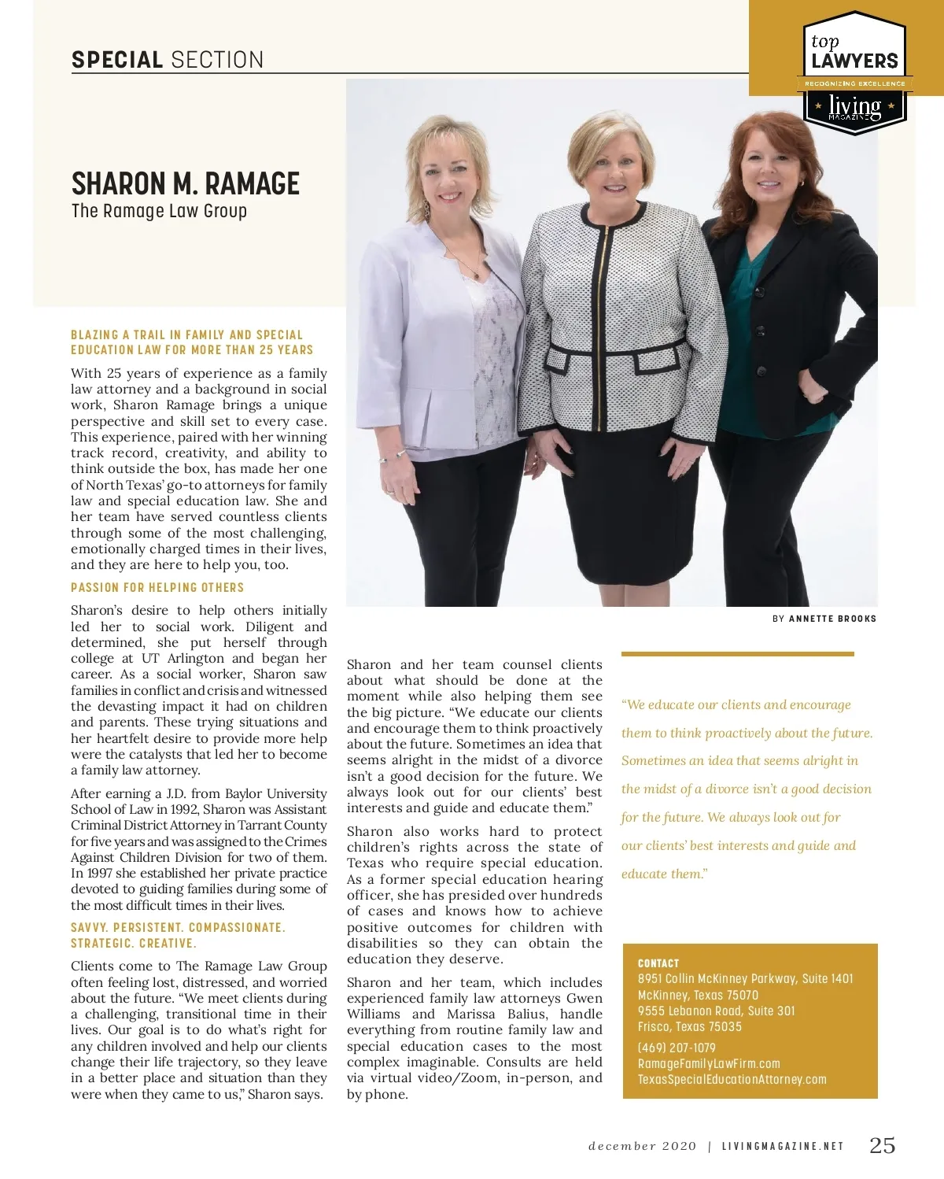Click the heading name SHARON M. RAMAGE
click(x=186, y=184)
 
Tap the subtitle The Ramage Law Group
click(x=159, y=211)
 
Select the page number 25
click(x=882, y=1145)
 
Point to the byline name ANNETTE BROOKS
click(x=832, y=619)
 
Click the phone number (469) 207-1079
click(x=677, y=1048)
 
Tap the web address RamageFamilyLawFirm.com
click(x=709, y=1063)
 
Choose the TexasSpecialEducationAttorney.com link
click(x=732, y=1079)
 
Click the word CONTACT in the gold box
click(x=658, y=963)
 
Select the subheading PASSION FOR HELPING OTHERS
click(x=157, y=588)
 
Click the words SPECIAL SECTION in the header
click(x=168, y=60)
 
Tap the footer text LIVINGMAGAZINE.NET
click(x=783, y=1146)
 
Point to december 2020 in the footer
click(x=642, y=1146)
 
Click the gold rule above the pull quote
click(x=737, y=653)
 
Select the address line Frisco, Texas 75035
click(x=689, y=1026)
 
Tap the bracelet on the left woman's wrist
click(x=403, y=454)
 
